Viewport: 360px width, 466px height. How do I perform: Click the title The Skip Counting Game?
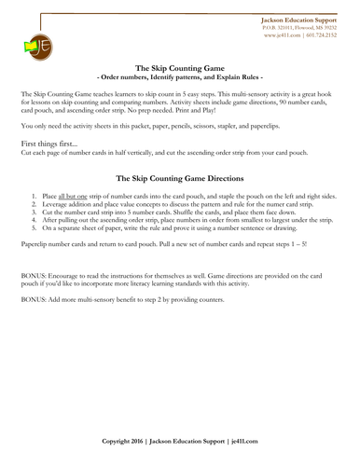(x=180, y=68)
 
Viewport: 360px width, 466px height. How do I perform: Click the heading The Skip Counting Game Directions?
(x=180, y=177)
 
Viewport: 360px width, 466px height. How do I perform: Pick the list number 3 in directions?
(x=35, y=217)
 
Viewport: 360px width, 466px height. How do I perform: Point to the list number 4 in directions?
(x=35, y=225)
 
